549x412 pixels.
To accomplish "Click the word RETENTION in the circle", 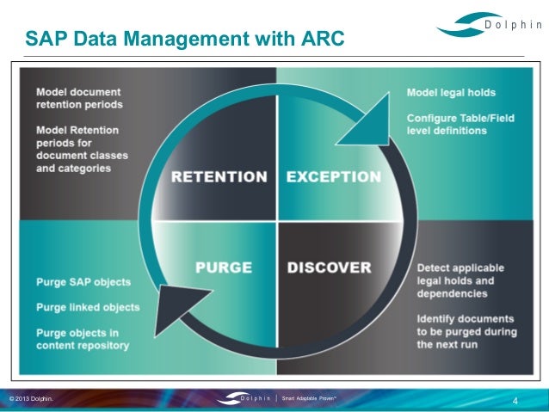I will tap(219, 177).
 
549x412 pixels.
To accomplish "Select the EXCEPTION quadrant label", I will tap(333, 177).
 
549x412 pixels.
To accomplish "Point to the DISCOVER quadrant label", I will tap(329, 267).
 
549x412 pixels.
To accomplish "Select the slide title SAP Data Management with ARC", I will tap(184, 39).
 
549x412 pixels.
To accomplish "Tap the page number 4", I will tap(515, 401).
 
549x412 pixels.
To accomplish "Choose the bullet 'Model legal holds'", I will tap(451, 92).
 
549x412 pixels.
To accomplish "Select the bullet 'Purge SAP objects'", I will tap(83, 282).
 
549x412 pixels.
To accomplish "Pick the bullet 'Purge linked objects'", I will tap(88, 307).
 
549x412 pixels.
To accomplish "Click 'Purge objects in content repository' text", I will tap(83, 339).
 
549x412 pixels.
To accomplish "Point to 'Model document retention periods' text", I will tap(79, 98).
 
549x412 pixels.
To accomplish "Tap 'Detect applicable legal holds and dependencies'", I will tap(460, 280).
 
